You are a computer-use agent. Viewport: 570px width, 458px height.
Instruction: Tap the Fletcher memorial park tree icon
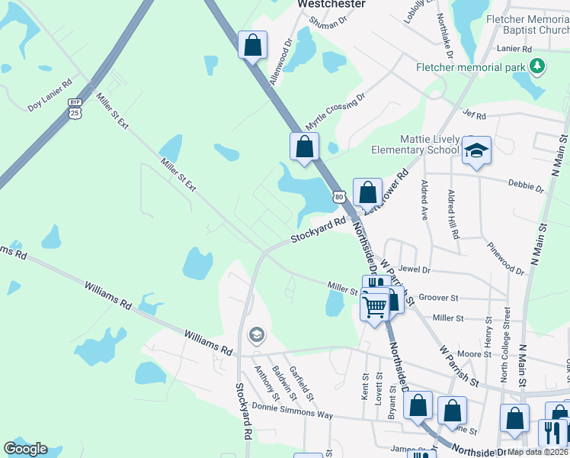pyautogui.click(x=539, y=66)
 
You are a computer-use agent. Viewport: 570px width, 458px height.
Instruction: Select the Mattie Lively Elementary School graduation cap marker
pyautogui.click(x=476, y=150)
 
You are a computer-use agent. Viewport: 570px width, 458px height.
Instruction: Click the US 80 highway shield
pyautogui.click(x=339, y=196)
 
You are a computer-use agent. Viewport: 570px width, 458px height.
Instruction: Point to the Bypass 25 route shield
pyautogui.click(x=75, y=108)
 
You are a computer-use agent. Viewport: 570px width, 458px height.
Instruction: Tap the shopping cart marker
pyautogui.click(x=374, y=307)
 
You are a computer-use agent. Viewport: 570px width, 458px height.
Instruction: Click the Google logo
pyautogui.click(x=25, y=449)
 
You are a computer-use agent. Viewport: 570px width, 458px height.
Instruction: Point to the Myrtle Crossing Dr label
pyautogui.click(x=335, y=111)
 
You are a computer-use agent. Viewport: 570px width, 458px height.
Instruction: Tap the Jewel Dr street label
pyautogui.click(x=415, y=269)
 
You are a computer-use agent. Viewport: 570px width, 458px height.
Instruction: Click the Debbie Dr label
pyautogui.click(x=529, y=187)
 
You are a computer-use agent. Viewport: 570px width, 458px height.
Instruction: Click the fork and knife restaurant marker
pyautogui.click(x=552, y=432)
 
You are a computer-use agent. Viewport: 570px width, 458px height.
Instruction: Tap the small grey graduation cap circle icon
pyautogui.click(x=257, y=334)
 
